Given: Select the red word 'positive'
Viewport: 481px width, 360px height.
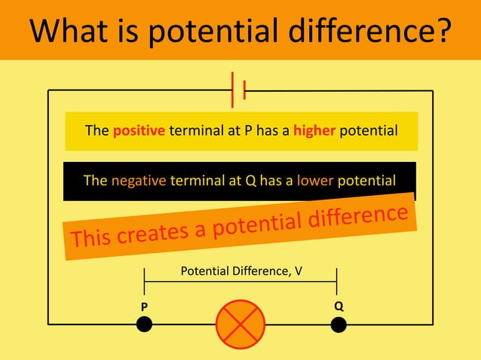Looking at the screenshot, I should [139, 131].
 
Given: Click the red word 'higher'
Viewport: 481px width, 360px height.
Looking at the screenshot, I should [314, 131].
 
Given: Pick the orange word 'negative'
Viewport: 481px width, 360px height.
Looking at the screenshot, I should [138, 181].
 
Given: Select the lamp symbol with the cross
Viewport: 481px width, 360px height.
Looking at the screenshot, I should [240, 324].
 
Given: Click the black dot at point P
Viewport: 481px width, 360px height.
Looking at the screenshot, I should [144, 324].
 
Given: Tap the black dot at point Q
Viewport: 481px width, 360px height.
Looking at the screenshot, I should [339, 324].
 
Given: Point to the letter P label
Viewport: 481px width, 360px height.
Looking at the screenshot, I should [144, 307].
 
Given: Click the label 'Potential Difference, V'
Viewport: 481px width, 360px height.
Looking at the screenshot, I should [241, 270].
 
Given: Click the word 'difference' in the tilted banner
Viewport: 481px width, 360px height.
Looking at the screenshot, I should [358, 216].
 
